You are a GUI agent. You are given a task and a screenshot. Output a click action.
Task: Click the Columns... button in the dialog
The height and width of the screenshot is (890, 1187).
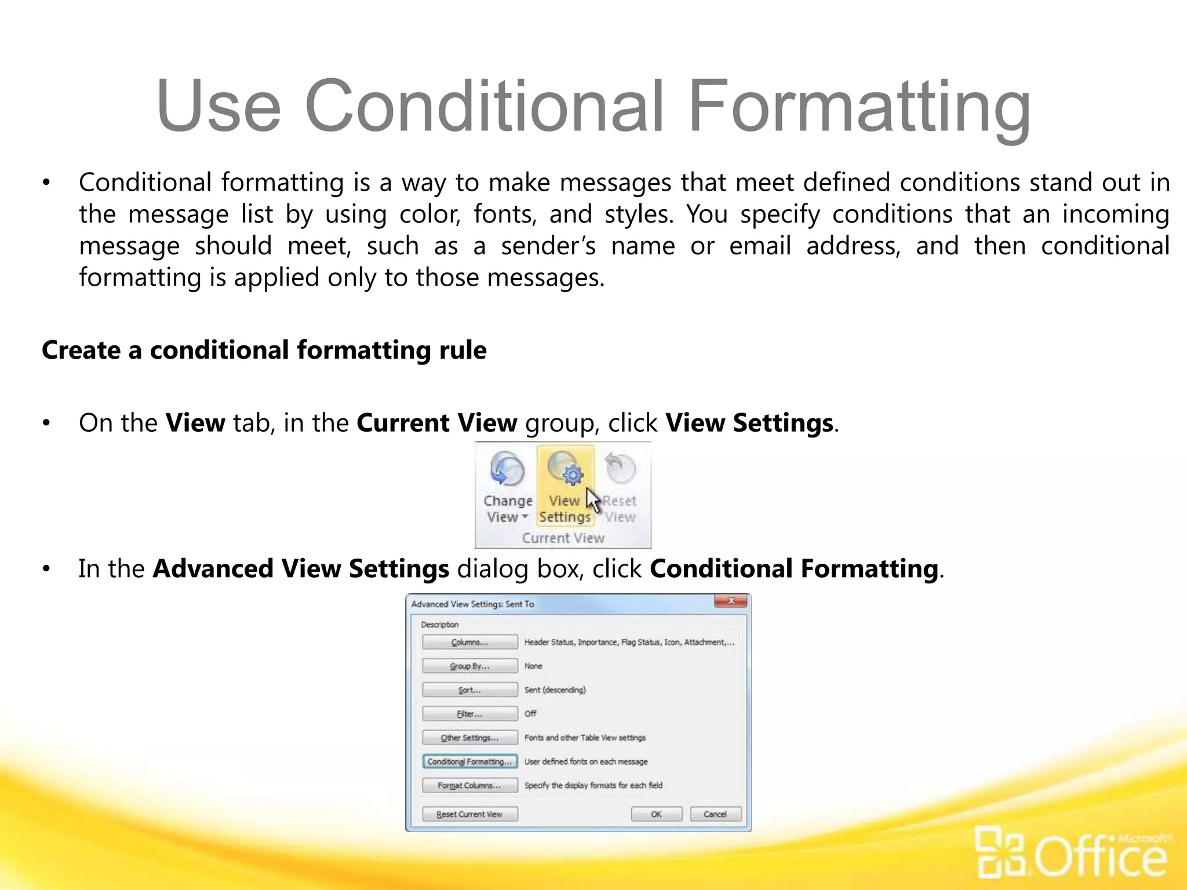(x=469, y=642)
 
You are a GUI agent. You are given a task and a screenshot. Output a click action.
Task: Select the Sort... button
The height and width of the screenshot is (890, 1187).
(x=469, y=690)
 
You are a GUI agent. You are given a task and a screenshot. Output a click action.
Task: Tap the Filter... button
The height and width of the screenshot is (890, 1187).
(x=469, y=714)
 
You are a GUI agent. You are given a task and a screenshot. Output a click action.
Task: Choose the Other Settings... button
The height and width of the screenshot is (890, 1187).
(x=469, y=738)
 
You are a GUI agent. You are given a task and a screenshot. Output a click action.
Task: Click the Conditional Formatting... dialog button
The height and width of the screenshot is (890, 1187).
(x=469, y=761)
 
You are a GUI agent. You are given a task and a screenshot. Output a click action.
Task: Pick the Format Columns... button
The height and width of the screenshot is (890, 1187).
(x=469, y=785)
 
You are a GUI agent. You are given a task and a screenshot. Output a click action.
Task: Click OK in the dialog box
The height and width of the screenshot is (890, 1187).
(x=656, y=814)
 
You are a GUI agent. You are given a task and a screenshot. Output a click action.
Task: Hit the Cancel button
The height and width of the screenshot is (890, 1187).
(x=715, y=814)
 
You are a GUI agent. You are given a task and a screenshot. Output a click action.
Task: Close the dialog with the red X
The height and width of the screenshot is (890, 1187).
(x=731, y=601)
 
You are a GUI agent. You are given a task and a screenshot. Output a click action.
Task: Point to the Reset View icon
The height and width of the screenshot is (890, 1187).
(x=620, y=468)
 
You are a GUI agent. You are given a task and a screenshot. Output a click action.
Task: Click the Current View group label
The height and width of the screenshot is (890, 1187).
(x=563, y=538)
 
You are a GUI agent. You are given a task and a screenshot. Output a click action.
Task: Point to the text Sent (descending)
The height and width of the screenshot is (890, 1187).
(x=555, y=690)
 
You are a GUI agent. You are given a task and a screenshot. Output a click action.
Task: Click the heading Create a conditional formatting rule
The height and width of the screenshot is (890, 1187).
(x=264, y=350)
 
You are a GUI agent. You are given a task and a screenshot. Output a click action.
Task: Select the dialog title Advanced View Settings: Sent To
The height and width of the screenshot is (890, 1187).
(x=472, y=604)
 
